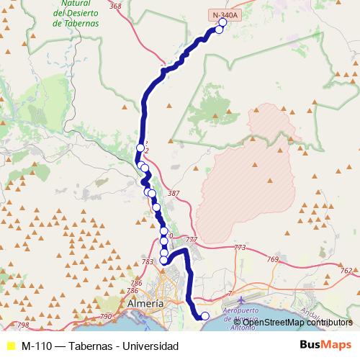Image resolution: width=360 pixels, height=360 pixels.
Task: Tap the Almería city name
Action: (145, 304)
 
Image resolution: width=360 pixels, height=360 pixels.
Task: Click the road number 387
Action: (173, 193)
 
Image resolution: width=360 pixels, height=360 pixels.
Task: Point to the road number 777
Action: (191, 239)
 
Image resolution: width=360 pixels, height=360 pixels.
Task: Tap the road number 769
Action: (272, 259)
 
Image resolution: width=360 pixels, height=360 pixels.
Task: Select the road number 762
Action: (346, 271)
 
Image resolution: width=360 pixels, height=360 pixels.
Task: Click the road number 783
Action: (148, 261)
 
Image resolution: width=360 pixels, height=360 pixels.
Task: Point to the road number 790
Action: (106, 316)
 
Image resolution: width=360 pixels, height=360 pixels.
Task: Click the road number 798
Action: (23, 325)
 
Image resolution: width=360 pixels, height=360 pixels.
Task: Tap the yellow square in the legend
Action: (10, 346)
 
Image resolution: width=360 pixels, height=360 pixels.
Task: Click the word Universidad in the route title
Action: (151, 346)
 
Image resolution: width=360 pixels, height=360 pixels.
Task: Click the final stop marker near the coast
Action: (204, 316)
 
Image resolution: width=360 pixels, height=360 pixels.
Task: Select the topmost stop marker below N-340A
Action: (222, 22)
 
